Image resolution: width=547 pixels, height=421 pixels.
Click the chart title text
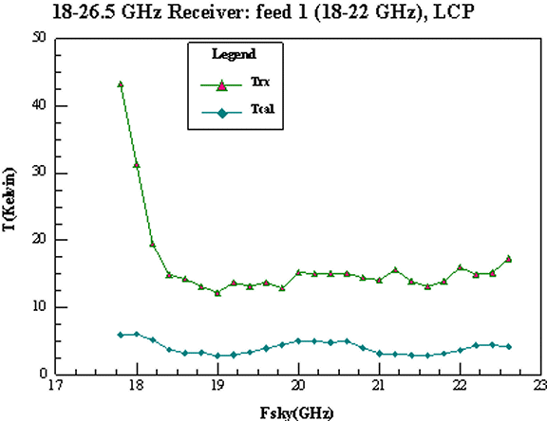(263, 12)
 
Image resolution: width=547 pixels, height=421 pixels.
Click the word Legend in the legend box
(234, 54)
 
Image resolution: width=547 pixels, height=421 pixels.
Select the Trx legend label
(260, 82)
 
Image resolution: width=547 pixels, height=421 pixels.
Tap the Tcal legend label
(263, 109)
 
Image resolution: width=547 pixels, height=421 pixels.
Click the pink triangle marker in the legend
(221, 85)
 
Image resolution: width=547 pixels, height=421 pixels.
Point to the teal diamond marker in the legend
(222, 113)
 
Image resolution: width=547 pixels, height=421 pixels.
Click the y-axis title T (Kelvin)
(9, 199)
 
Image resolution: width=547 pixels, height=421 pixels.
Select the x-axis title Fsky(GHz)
(296, 413)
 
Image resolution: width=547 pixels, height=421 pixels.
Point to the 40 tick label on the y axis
(39, 105)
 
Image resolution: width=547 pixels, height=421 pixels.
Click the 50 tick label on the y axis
(39, 38)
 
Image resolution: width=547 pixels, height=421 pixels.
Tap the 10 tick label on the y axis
(39, 307)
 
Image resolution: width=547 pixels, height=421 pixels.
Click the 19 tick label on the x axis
(217, 386)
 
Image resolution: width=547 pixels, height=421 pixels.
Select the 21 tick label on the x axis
(379, 386)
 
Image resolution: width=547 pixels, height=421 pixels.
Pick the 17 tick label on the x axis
(55, 386)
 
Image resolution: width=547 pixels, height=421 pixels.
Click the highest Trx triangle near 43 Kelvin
(121, 84)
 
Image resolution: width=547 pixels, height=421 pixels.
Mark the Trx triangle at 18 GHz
(137, 165)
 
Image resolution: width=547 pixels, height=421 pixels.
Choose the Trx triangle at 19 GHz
(217, 293)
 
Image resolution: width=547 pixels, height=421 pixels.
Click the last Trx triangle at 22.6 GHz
(509, 259)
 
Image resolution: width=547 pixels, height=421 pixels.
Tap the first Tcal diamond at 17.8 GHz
(121, 335)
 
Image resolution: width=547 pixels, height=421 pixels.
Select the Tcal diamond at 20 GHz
(298, 341)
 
